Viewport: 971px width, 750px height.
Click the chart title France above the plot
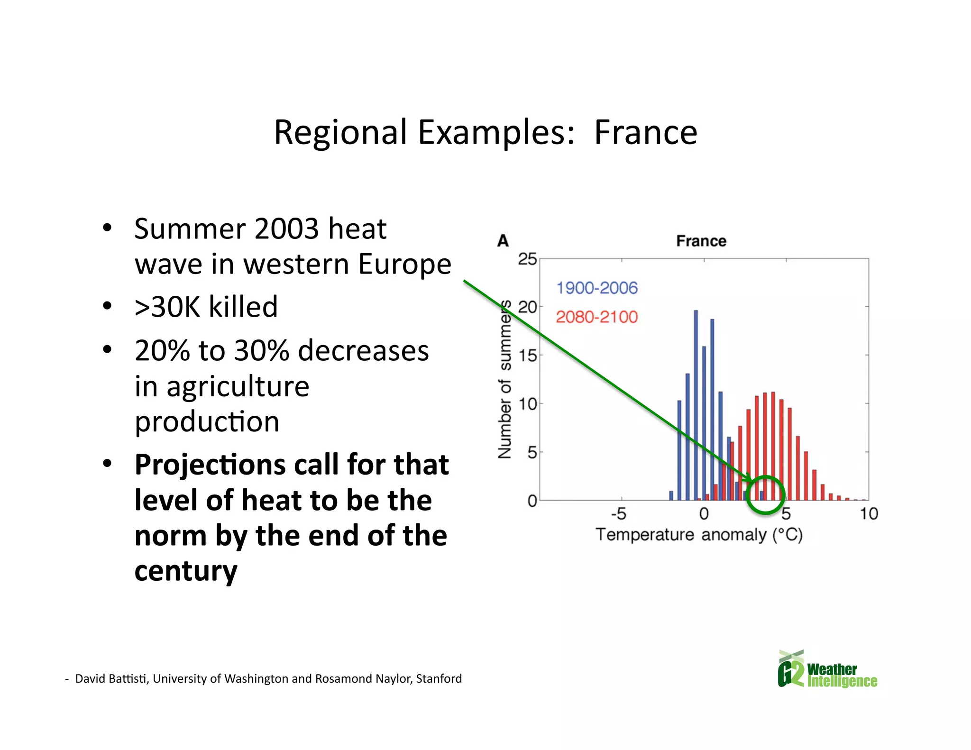[701, 241]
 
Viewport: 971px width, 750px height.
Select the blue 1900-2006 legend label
[596, 288]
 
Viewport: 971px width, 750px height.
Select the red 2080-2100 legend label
[596, 317]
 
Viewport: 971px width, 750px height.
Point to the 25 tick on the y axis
[527, 259]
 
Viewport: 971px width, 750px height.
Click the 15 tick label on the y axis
[527, 356]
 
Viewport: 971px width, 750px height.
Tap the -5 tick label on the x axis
[618, 514]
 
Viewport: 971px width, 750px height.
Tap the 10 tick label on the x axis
[869, 514]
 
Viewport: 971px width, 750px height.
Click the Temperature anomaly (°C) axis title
[699, 535]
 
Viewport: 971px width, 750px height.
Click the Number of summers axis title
[505, 379]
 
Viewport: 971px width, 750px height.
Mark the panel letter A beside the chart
[503, 241]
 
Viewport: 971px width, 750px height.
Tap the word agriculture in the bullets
[238, 386]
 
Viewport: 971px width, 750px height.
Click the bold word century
[185, 571]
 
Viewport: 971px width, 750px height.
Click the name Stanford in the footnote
[439, 679]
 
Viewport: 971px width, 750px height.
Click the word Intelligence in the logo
[842, 681]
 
